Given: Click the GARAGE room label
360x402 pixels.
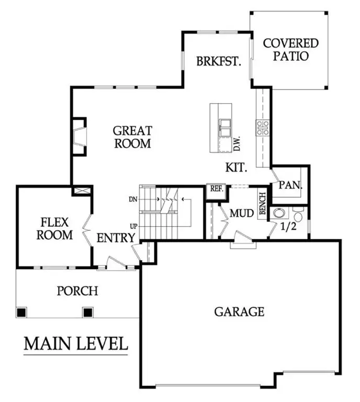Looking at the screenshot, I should [x=239, y=312].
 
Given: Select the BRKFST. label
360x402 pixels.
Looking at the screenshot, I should [x=218, y=62].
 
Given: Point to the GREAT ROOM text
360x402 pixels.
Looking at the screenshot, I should [x=132, y=137].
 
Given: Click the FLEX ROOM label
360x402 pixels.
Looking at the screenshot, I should [x=54, y=229].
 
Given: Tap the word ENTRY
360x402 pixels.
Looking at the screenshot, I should [x=116, y=239].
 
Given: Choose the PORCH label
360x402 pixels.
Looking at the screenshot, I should [x=77, y=291].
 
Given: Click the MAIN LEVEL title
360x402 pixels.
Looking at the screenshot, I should [x=76, y=344].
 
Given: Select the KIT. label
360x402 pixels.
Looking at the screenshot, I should [x=237, y=168].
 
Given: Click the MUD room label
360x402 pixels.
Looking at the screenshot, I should [x=242, y=213].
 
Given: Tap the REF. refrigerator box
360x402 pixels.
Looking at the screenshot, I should [x=215, y=189].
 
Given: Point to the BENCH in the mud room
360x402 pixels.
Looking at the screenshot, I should [x=263, y=204].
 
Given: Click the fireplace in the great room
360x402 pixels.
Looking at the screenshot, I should [x=78, y=137].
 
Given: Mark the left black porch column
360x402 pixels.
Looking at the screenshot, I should [x=21, y=312].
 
